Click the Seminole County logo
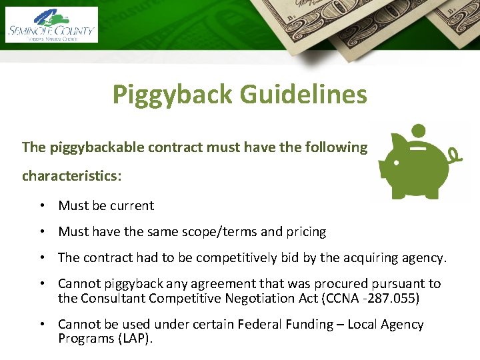[x=51, y=25]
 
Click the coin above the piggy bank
[x=418, y=129]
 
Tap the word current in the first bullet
[x=132, y=205]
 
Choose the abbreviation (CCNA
[x=337, y=298]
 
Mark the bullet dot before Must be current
[x=41, y=206]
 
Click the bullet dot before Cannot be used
[x=41, y=325]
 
